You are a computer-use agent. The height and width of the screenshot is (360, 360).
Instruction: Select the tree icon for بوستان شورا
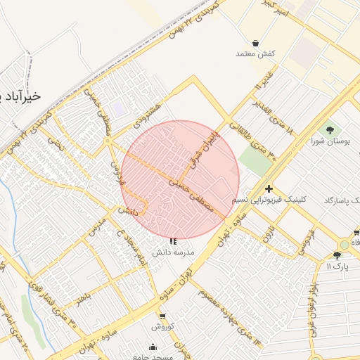(x=330, y=130)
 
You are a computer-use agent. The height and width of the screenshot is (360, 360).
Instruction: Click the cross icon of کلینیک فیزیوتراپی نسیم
(x=269, y=188)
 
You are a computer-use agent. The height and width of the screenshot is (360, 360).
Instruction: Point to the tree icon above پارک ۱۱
(x=337, y=255)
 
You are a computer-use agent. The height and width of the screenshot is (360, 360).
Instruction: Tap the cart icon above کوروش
(x=163, y=316)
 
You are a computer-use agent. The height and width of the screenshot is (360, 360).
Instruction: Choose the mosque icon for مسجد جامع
(x=153, y=347)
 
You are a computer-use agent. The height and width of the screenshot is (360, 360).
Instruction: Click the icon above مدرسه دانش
(x=174, y=241)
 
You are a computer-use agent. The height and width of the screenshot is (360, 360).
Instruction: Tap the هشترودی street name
(x=148, y=112)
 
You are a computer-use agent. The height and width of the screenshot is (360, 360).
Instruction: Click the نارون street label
(x=270, y=233)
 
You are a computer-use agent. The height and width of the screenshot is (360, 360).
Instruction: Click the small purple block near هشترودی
(x=118, y=110)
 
